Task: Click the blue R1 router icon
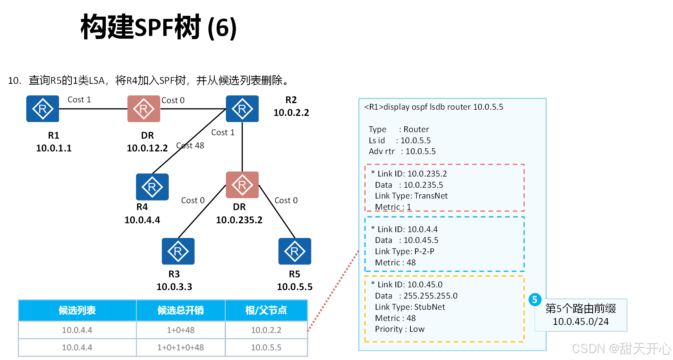[42, 109]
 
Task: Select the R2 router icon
[242, 109]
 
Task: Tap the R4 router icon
[152, 187]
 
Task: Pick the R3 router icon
[178, 251]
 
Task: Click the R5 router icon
[295, 251]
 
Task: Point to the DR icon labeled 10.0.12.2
[144, 109]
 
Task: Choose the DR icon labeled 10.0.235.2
[242, 185]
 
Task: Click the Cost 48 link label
[190, 146]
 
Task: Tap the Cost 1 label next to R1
[79, 100]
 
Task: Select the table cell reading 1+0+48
[181, 330]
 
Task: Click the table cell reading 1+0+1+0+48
[181, 348]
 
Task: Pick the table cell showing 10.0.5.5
[266, 348]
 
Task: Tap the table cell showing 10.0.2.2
[266, 330]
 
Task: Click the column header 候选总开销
[181, 311]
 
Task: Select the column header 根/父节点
[266, 311]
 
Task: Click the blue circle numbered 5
[535, 299]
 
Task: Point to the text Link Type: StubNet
[410, 307]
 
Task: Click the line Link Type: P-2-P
[404, 251]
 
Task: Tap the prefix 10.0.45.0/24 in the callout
[580, 322]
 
